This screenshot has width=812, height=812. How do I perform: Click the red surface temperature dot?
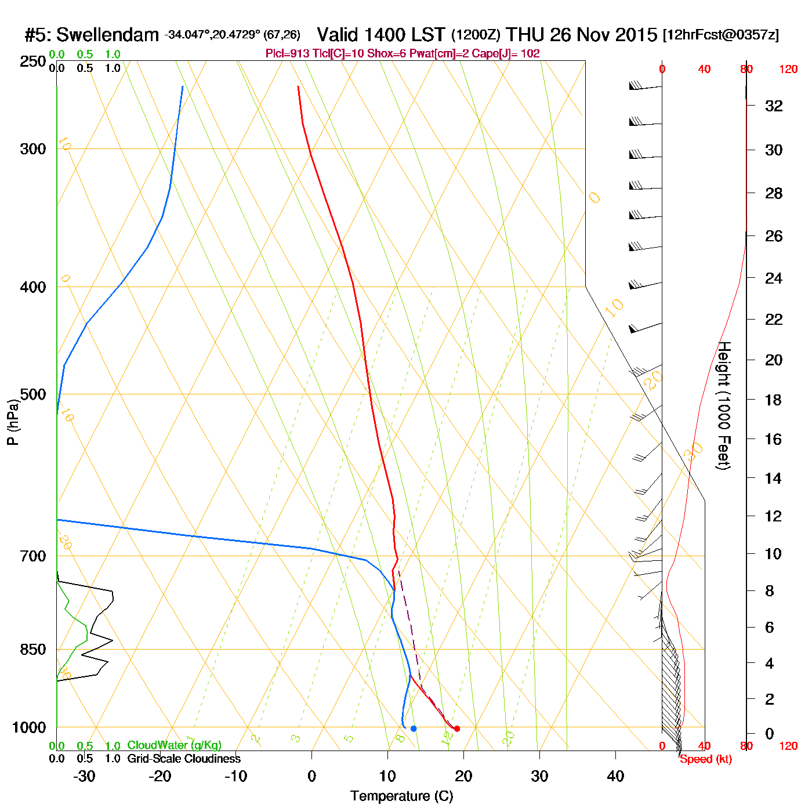(457, 728)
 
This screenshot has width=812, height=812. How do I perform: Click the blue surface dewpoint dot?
(414, 728)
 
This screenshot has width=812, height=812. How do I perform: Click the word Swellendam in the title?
(107, 35)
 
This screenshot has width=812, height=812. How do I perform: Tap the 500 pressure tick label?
(33, 394)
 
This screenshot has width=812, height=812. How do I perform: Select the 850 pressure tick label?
(33, 650)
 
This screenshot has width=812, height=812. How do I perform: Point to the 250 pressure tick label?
(33, 61)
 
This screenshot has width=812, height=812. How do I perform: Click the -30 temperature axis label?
(84, 776)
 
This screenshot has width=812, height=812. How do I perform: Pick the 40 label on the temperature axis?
(615, 776)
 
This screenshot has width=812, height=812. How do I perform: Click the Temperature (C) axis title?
(401, 796)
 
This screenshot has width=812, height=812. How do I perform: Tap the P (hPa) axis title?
(13, 422)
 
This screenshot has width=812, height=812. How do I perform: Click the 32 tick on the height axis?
(774, 106)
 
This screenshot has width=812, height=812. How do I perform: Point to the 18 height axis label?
(774, 400)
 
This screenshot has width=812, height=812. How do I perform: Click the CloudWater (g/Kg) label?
(174, 745)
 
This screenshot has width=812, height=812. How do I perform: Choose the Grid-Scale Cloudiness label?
(184, 759)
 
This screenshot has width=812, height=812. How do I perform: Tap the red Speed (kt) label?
(706, 759)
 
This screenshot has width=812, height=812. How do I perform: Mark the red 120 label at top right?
(788, 70)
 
